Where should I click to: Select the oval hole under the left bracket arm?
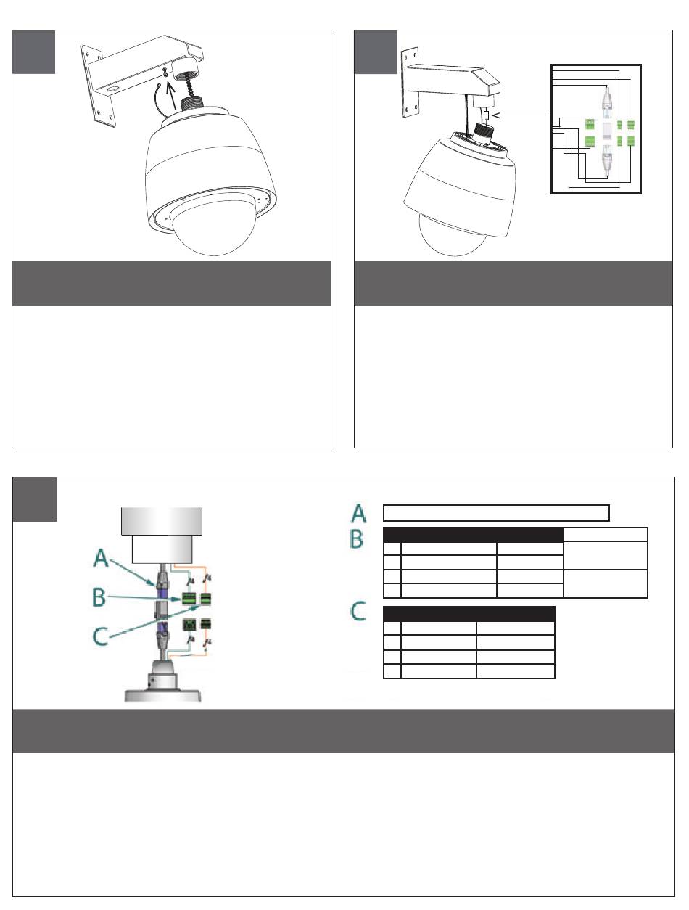click(x=112, y=89)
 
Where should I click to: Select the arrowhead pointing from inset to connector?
click(x=495, y=115)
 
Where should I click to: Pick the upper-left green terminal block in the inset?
click(x=589, y=124)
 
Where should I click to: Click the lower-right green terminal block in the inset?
click(x=631, y=142)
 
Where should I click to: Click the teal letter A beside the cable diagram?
click(x=101, y=557)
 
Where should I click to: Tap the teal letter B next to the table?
click(x=356, y=539)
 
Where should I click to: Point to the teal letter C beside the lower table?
click(x=358, y=612)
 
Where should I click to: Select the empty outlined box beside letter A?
click(x=496, y=513)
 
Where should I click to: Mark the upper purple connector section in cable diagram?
click(x=162, y=593)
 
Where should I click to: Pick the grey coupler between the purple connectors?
click(x=161, y=610)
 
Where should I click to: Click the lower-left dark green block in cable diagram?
click(x=189, y=624)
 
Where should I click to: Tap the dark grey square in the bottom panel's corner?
click(x=35, y=499)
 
